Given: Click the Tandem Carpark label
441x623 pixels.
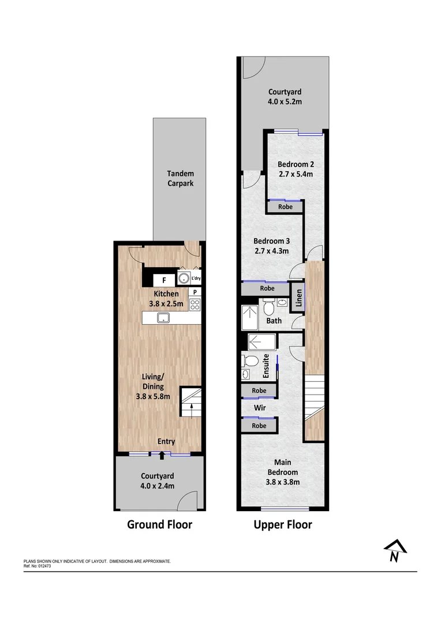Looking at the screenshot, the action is (x=181, y=178).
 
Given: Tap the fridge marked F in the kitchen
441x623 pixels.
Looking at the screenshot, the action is (x=164, y=280).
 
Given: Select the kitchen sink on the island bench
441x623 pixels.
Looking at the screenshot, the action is (x=163, y=317).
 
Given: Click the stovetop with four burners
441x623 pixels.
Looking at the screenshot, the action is (x=195, y=305).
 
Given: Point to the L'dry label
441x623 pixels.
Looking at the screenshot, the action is (x=196, y=279).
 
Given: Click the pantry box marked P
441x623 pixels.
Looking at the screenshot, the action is (x=195, y=292).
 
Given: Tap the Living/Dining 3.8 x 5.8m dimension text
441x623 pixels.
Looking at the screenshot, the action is (x=153, y=396).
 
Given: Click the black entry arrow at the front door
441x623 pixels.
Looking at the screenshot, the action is (x=162, y=455).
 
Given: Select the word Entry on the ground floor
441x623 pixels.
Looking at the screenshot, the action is (x=166, y=441).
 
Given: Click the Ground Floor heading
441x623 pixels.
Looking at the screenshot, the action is (x=159, y=524).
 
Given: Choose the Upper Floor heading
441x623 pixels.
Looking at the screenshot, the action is (x=283, y=524).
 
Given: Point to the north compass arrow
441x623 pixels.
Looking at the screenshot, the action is (x=395, y=550).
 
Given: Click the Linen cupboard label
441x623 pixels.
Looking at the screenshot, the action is (x=299, y=297).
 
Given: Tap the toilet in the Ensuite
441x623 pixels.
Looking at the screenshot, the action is (x=250, y=361).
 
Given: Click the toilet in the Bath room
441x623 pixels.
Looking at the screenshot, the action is (x=268, y=306).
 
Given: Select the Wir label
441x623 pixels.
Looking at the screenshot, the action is (x=260, y=408).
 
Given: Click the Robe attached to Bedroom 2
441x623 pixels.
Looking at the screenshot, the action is (x=286, y=207).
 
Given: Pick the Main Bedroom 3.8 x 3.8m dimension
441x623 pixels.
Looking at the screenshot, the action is (x=283, y=482).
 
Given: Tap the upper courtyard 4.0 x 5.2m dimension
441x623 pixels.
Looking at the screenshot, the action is (x=285, y=102).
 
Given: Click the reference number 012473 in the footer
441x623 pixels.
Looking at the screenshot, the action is (x=44, y=566).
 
